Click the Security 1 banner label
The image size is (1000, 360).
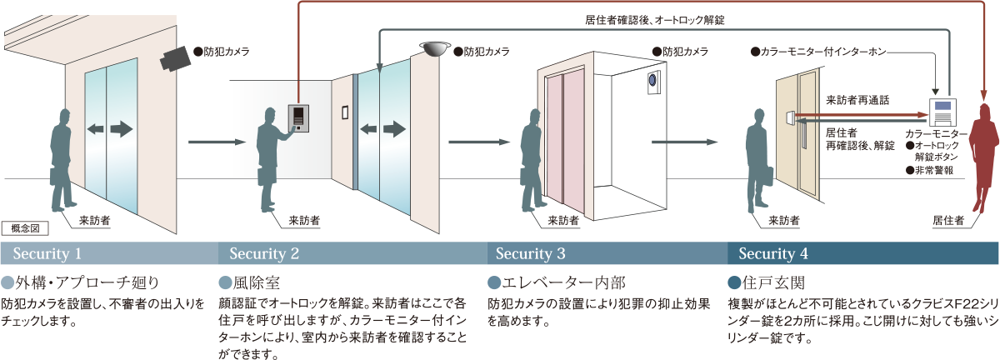[x=47, y=253]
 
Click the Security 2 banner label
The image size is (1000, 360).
[x=264, y=253]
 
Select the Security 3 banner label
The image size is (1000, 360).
[x=531, y=253]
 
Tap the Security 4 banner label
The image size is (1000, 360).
[x=773, y=253]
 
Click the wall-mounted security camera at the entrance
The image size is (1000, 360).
[x=176, y=57]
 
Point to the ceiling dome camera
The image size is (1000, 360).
[x=433, y=49]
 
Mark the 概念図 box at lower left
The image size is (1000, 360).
[x=25, y=227]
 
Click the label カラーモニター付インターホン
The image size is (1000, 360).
[x=821, y=52]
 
